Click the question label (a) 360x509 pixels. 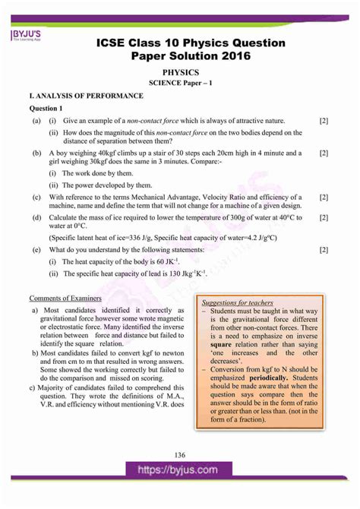(x=36, y=121)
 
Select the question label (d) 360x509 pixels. (x=36, y=218)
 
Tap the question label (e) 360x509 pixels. (x=36, y=249)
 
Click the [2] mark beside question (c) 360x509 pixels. (x=324, y=197)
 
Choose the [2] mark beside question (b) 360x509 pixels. (x=324, y=153)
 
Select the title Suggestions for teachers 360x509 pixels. (x=237, y=302)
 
